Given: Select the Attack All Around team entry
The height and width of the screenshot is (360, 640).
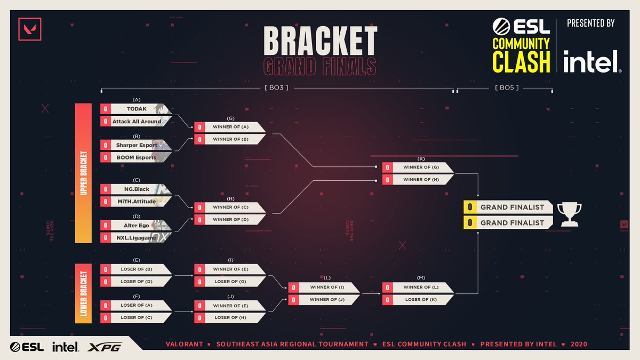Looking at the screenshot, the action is point(137,122).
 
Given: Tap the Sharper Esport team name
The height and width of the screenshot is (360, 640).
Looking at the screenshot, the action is point(137,145).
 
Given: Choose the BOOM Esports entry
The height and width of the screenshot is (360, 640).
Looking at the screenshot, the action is point(137,157).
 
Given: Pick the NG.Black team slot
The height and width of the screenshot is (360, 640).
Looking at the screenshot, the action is point(137,189).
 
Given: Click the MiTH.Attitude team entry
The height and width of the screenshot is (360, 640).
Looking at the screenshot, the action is point(137,202).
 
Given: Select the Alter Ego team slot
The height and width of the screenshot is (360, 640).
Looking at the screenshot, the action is point(137,226).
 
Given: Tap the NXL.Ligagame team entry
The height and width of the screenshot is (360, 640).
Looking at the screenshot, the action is point(137,238).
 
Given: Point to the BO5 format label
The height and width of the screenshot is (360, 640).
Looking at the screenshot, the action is point(504,87).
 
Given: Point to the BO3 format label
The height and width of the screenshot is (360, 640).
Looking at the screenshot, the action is point(276,87).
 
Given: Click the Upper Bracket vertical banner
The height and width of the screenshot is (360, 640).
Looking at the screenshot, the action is point(84,173).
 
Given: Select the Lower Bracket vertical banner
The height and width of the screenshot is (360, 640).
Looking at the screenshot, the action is point(84,293).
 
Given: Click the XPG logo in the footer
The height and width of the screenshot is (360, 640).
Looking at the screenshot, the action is point(106,347).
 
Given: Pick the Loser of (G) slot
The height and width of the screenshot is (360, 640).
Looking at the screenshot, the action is point(229,282).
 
